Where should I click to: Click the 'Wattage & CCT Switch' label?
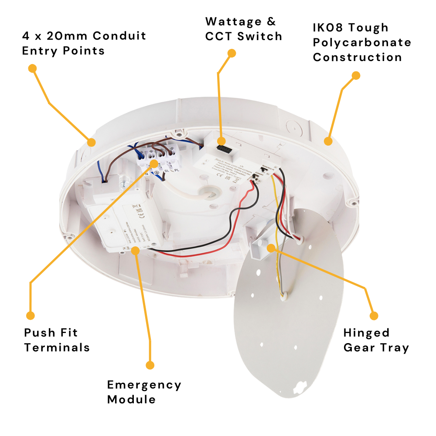point(243,29)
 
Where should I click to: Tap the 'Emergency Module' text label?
point(144,392)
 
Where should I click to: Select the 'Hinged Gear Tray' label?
point(376,340)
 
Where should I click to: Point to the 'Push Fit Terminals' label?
point(57,340)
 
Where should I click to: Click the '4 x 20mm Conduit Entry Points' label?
point(84,43)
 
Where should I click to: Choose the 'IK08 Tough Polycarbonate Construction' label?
point(362,42)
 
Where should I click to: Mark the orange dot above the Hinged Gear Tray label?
point(374,315)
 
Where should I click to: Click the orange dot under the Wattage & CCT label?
point(232,53)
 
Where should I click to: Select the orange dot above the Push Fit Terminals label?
point(30,315)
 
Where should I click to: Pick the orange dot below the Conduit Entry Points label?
point(32,68)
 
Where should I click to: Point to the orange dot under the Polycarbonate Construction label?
point(356,75)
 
